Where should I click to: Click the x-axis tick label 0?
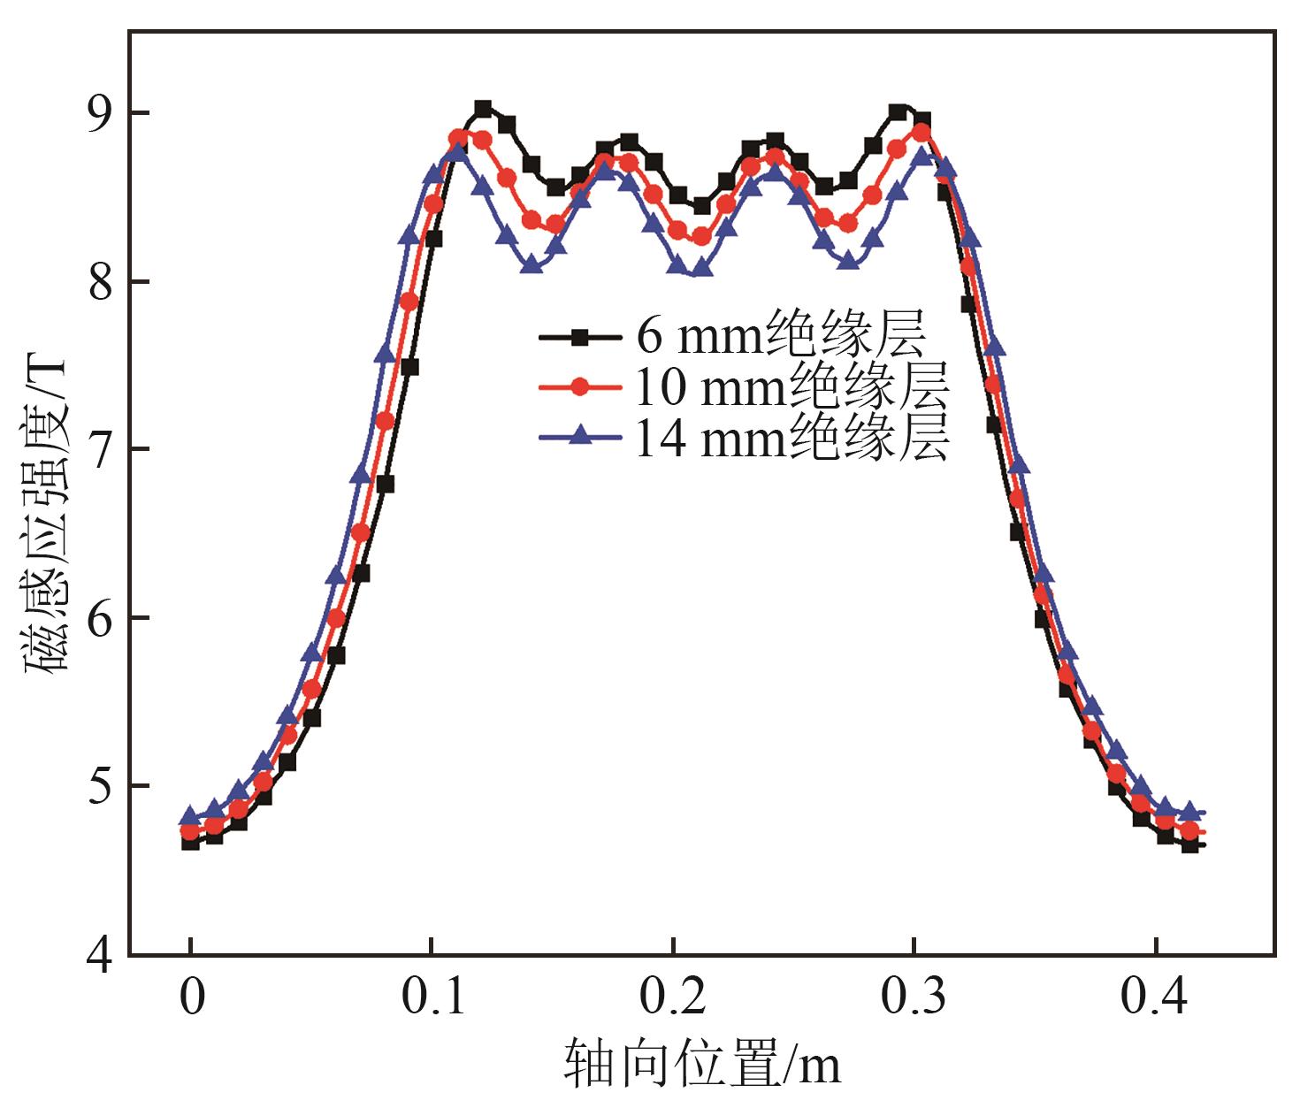191,998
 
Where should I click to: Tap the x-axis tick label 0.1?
432,998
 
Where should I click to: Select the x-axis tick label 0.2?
674,998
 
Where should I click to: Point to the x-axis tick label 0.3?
914,998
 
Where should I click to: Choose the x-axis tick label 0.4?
1155,998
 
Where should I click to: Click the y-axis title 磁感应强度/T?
46,513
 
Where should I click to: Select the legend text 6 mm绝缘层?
781,334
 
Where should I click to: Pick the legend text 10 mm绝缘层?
792,386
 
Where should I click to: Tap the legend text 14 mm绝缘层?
792,437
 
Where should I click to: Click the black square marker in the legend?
579,336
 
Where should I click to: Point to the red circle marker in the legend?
579,386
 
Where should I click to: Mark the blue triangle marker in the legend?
579,434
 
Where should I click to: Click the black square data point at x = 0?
190,842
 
